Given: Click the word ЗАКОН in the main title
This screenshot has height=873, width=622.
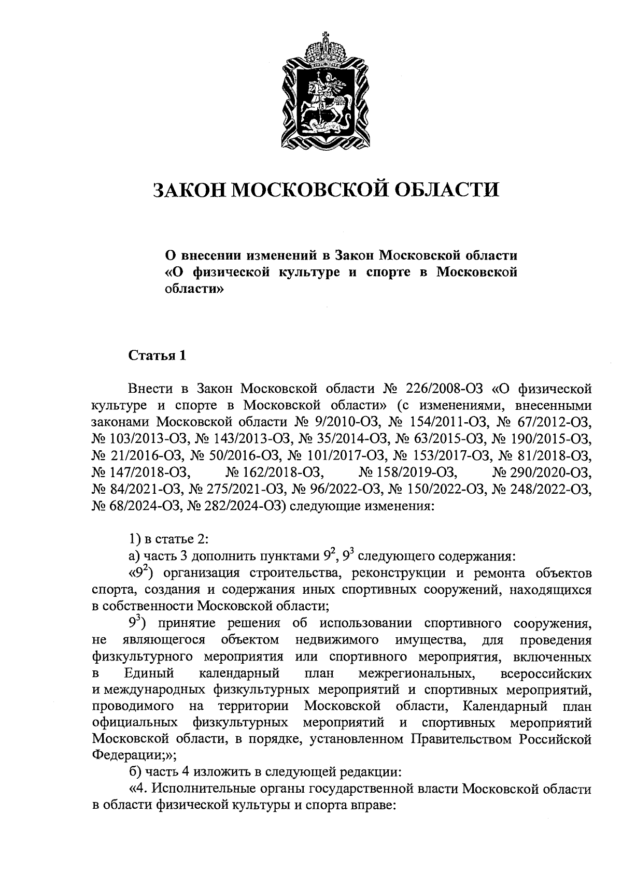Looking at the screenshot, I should coord(189,190).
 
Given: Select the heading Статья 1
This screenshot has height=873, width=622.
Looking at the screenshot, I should coord(157,356).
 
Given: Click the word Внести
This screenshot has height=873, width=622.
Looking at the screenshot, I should coord(151,388).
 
